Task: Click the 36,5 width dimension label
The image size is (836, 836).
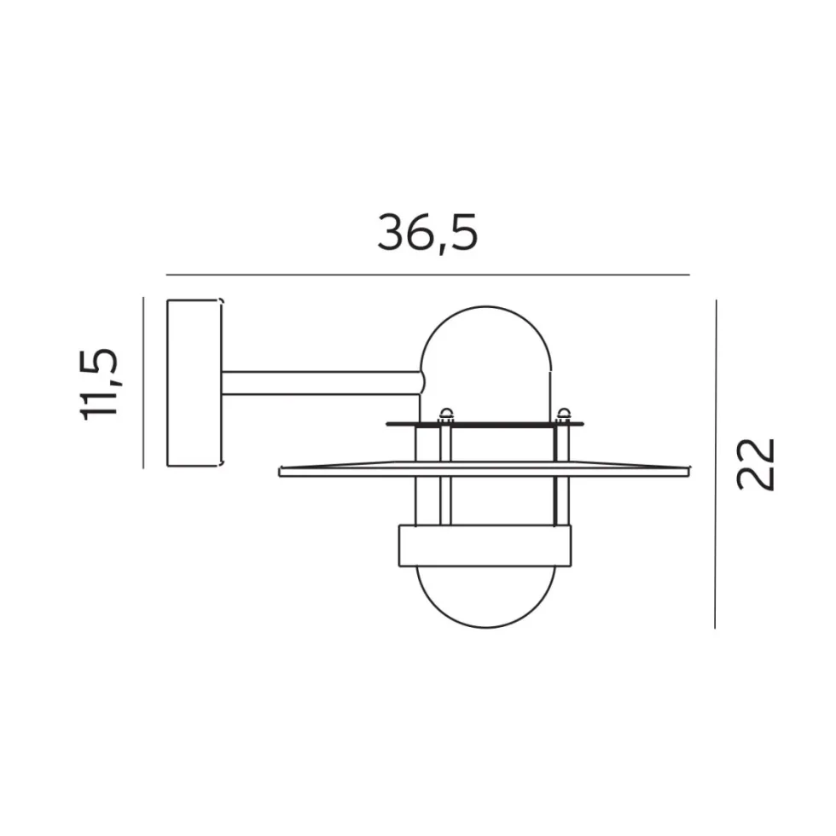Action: (x=427, y=232)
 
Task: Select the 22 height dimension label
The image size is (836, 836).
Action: (x=755, y=464)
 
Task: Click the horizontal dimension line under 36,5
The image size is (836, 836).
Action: (x=427, y=275)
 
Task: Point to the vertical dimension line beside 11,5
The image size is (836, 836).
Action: (x=143, y=383)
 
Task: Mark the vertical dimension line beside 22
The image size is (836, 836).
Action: (x=716, y=464)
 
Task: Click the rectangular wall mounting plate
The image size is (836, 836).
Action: (x=194, y=383)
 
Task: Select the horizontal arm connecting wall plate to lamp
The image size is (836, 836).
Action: (x=322, y=383)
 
